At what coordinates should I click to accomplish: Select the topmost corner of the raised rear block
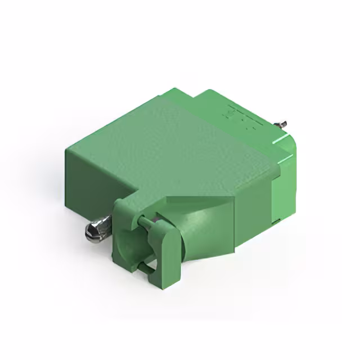(209, 90)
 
